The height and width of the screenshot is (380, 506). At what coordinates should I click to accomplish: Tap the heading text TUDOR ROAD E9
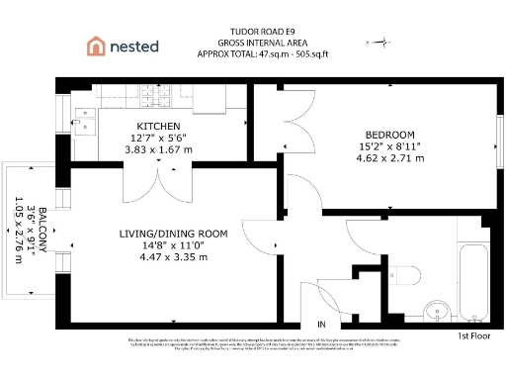(264, 31)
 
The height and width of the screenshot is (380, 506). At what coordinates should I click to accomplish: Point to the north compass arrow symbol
(377, 43)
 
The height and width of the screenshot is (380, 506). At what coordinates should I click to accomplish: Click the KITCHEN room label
(158, 126)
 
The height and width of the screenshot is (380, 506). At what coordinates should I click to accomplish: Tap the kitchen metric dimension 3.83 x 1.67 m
(158, 149)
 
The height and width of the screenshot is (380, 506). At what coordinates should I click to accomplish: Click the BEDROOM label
(390, 135)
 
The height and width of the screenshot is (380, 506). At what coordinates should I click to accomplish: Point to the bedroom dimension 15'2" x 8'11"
(390, 146)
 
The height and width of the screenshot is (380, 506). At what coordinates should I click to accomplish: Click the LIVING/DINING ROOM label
(173, 234)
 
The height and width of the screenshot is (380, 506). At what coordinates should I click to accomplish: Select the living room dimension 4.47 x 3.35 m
(173, 257)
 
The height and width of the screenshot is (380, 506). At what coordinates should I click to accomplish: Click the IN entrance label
(320, 325)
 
